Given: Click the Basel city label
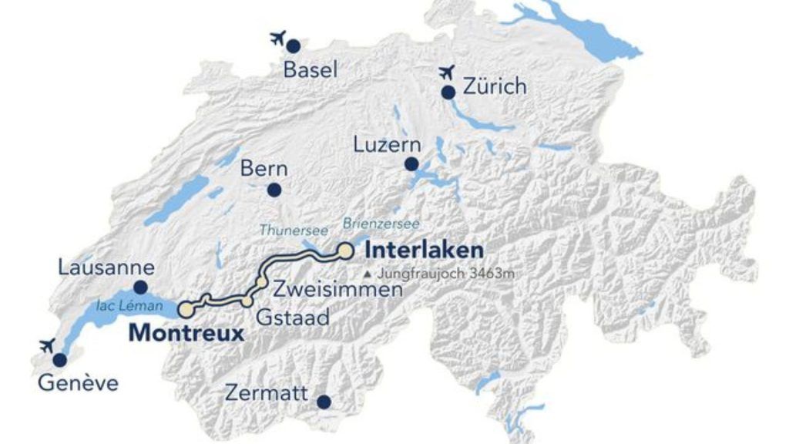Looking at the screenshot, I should click(311, 70).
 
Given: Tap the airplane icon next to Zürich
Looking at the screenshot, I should click(446, 73).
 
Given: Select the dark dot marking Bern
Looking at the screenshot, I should click(274, 190).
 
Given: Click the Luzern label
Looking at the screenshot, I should click(387, 145).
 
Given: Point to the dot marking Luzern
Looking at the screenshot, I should click(411, 164).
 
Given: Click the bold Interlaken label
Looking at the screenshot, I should click(424, 251).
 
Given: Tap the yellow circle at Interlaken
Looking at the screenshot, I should click(345, 251).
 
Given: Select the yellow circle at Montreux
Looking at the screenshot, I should click(186, 310).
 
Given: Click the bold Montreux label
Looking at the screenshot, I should click(186, 333).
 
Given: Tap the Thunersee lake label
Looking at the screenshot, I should click(294, 230).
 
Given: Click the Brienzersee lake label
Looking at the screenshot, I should click(381, 224).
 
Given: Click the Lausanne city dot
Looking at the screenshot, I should click(141, 288).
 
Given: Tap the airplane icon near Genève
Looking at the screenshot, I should click(45, 345).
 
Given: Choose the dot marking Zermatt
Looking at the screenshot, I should click(324, 402).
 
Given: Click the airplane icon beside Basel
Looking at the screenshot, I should click(278, 38).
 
